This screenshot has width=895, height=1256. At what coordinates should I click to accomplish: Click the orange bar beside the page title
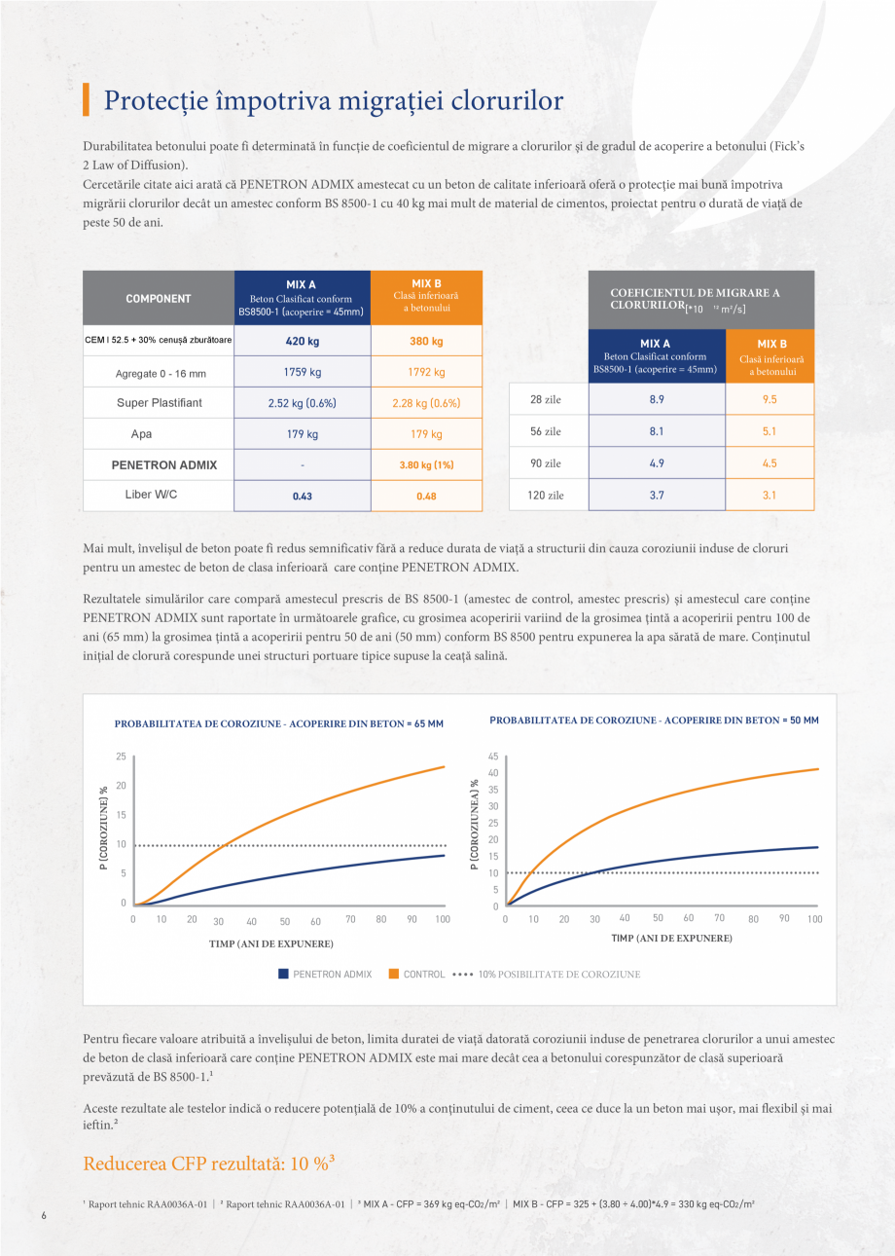tap(87, 100)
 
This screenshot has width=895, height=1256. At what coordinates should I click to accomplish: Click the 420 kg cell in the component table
tap(302, 341)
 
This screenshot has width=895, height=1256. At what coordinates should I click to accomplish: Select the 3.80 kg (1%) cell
tap(426, 464)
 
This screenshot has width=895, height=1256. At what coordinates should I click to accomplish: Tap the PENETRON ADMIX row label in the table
tap(158, 464)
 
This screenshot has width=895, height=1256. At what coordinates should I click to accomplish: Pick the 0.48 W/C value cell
tap(426, 496)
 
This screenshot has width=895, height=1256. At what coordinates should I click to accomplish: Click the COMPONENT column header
tap(158, 298)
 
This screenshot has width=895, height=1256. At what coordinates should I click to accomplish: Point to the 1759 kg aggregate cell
tap(302, 372)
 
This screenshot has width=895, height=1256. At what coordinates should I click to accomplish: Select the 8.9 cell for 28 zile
tap(657, 399)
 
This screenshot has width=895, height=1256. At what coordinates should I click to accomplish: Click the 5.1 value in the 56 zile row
tap(769, 431)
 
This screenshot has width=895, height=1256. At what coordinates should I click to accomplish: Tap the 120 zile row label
tap(547, 496)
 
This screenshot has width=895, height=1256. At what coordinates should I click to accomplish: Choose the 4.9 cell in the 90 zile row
tap(657, 463)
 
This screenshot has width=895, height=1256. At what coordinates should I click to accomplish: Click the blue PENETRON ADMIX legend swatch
tap(283, 974)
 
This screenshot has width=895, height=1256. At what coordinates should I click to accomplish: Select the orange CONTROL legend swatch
tap(394, 974)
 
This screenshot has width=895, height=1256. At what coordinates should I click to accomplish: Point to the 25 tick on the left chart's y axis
tap(121, 756)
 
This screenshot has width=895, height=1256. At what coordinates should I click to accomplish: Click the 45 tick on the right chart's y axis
tap(493, 756)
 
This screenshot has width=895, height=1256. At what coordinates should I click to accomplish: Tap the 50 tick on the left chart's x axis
tap(285, 921)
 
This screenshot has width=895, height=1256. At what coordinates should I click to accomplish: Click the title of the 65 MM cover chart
tap(278, 723)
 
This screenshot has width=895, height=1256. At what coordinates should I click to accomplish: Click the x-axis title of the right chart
tap(671, 938)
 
